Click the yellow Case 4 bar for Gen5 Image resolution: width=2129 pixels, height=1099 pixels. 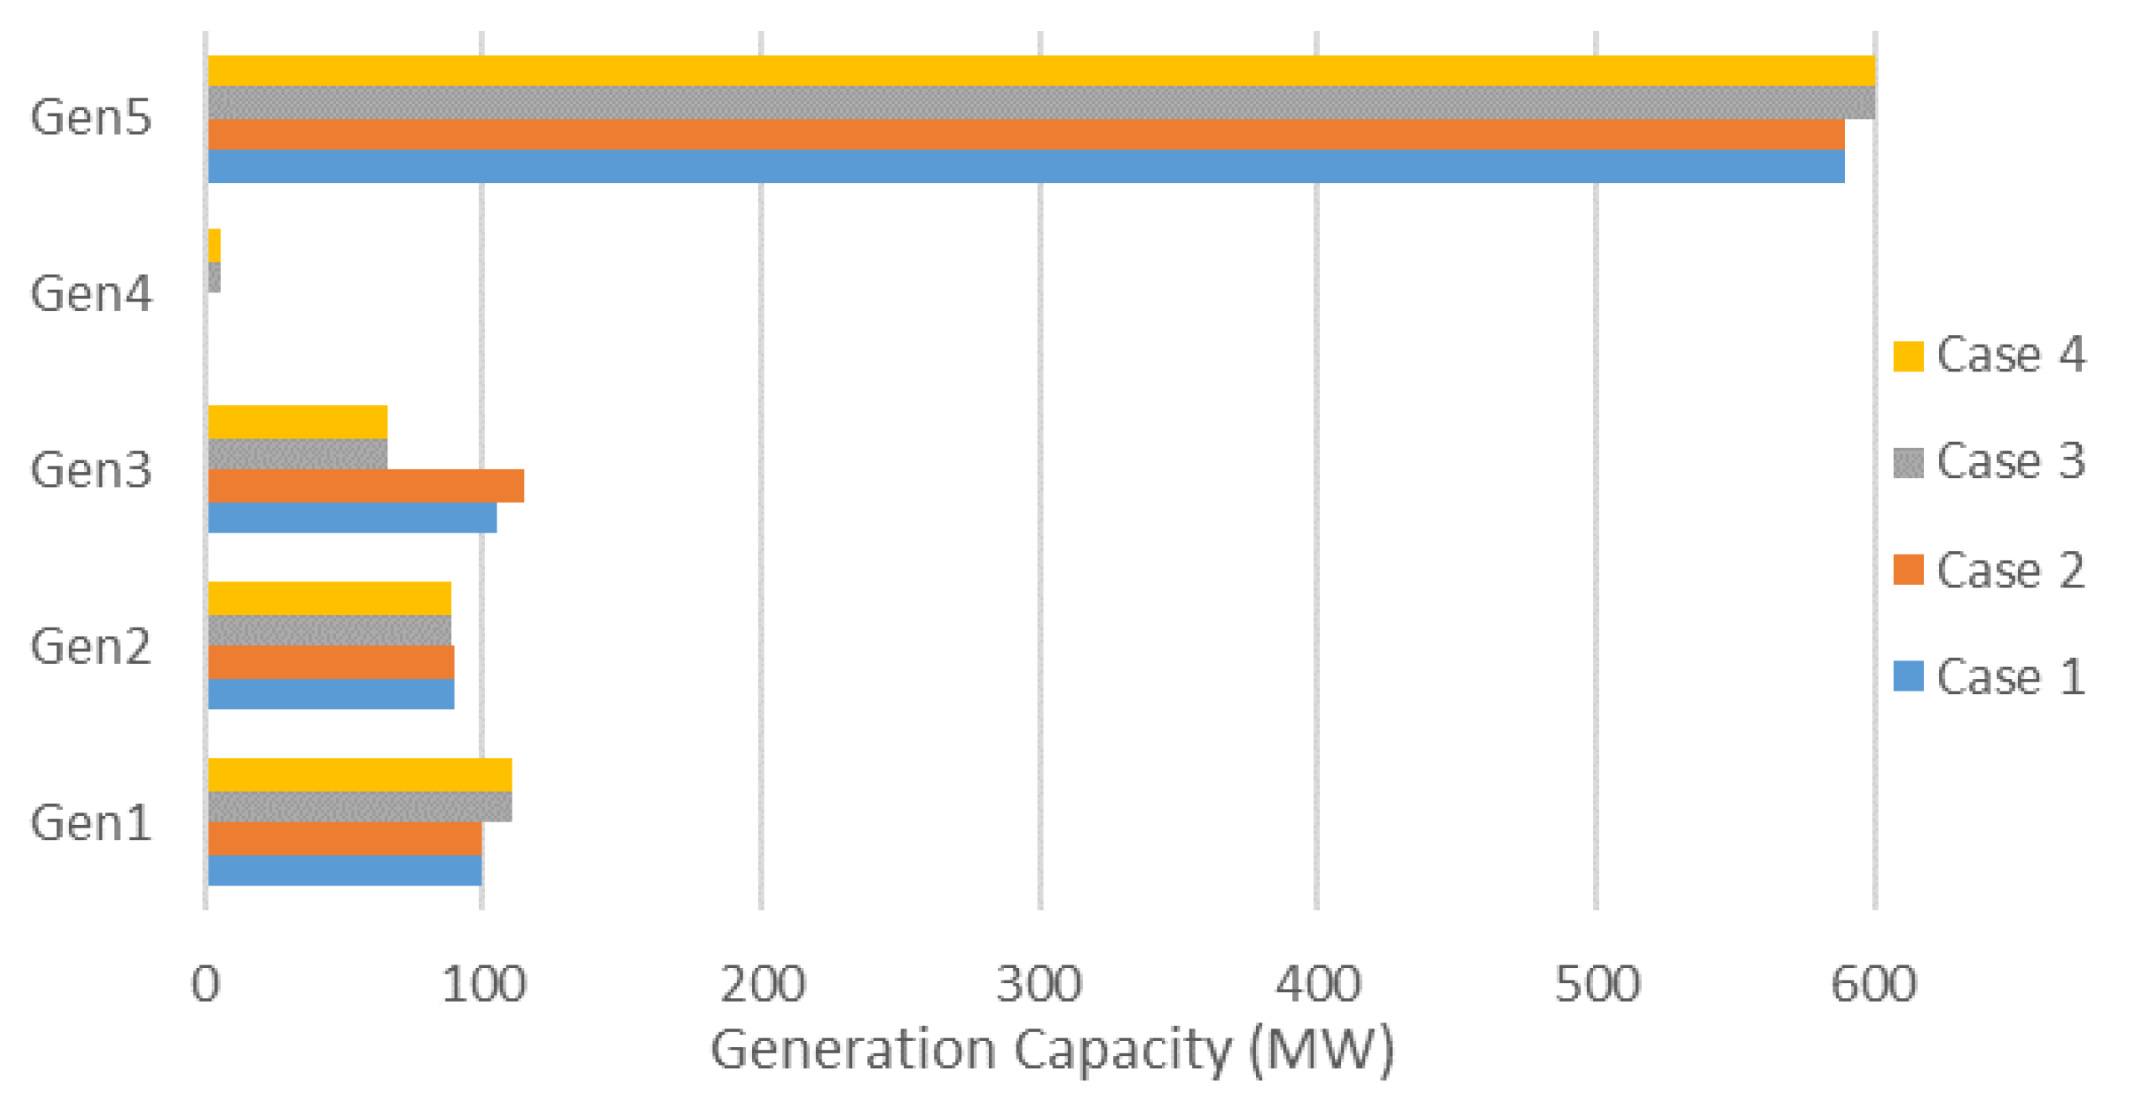click(1040, 71)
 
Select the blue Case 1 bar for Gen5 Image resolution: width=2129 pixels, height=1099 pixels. click(1025, 166)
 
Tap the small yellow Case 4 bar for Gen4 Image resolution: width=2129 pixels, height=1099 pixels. click(214, 245)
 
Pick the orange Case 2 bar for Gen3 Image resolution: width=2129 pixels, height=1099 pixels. click(365, 486)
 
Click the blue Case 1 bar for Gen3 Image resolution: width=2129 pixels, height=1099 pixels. click(352, 518)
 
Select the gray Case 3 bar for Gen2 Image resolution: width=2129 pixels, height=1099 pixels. click(329, 630)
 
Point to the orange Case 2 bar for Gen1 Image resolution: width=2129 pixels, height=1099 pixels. click(344, 839)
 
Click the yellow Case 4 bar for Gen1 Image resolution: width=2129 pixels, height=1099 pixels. click(360, 775)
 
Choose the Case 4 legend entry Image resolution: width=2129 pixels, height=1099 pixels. click(1988, 355)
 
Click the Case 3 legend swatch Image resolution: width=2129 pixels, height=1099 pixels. click(1908, 463)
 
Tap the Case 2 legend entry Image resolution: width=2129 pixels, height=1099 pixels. click(1988, 571)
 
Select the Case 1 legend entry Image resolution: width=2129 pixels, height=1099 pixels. click(1988, 677)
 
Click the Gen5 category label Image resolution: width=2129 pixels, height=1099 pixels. click(91, 118)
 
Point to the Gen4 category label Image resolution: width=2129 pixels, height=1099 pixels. click(91, 294)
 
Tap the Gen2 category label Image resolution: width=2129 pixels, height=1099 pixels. click(91, 647)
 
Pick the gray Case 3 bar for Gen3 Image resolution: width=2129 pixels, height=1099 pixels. click(297, 454)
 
